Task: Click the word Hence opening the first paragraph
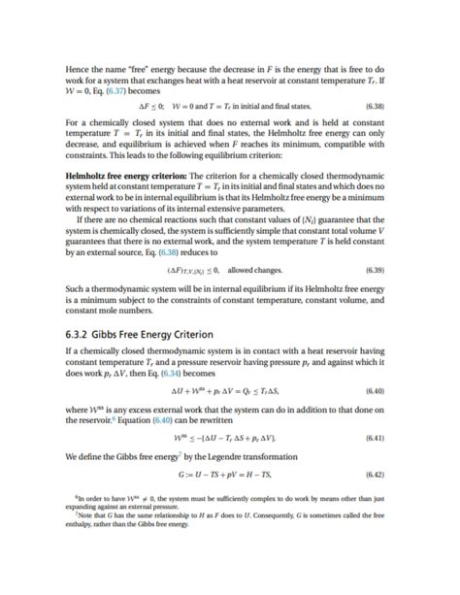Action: pos(79,69)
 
